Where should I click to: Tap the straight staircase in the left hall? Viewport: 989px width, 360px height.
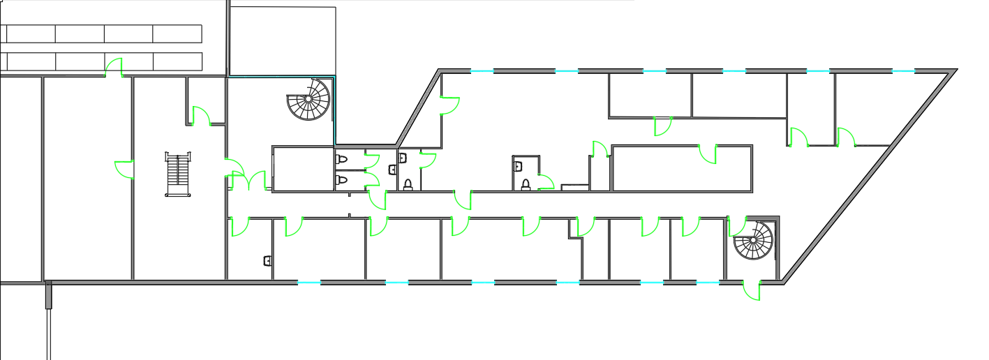tap(177, 175)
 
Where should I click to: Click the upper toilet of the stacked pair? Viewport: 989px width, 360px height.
tap(341, 160)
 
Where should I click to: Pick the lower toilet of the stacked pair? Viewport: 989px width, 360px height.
tap(341, 180)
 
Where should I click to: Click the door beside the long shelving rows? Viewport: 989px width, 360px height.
tap(114, 68)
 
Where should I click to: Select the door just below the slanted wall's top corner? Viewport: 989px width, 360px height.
tap(449, 105)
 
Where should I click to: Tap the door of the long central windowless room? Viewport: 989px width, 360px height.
tap(708, 154)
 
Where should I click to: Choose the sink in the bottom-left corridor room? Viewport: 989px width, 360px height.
tap(267, 261)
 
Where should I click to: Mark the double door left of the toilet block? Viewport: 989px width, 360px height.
tap(248, 181)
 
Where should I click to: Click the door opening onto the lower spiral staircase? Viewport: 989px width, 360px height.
tap(736, 226)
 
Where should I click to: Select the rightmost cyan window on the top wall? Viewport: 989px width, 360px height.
tap(903, 71)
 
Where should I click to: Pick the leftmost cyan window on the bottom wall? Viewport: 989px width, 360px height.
tap(308, 283)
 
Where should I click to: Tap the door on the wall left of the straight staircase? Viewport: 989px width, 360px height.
tap(124, 170)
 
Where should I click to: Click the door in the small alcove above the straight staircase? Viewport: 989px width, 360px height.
tap(201, 116)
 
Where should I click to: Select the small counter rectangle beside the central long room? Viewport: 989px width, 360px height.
tap(575, 187)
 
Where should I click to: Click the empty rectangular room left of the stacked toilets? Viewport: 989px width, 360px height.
tap(302, 168)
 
